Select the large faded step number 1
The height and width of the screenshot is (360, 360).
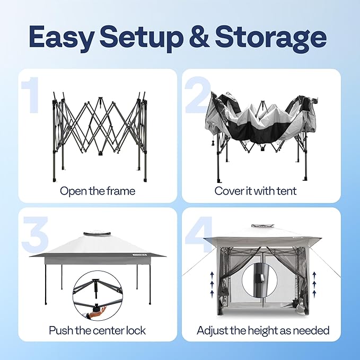coord(30,95)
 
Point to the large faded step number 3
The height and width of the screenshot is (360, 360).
coord(35,234)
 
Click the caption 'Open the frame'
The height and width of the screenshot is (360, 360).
coord(98,191)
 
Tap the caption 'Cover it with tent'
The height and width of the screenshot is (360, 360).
coord(256,191)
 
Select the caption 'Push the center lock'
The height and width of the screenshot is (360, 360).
coord(98,330)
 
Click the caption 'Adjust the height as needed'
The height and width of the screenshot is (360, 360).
coord(263,330)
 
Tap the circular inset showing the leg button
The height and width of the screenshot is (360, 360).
coord(259,280)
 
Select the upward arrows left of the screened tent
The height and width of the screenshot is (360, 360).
coord(212,283)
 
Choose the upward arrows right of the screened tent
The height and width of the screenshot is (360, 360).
coord(314,283)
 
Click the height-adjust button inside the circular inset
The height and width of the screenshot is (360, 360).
coord(261,278)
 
